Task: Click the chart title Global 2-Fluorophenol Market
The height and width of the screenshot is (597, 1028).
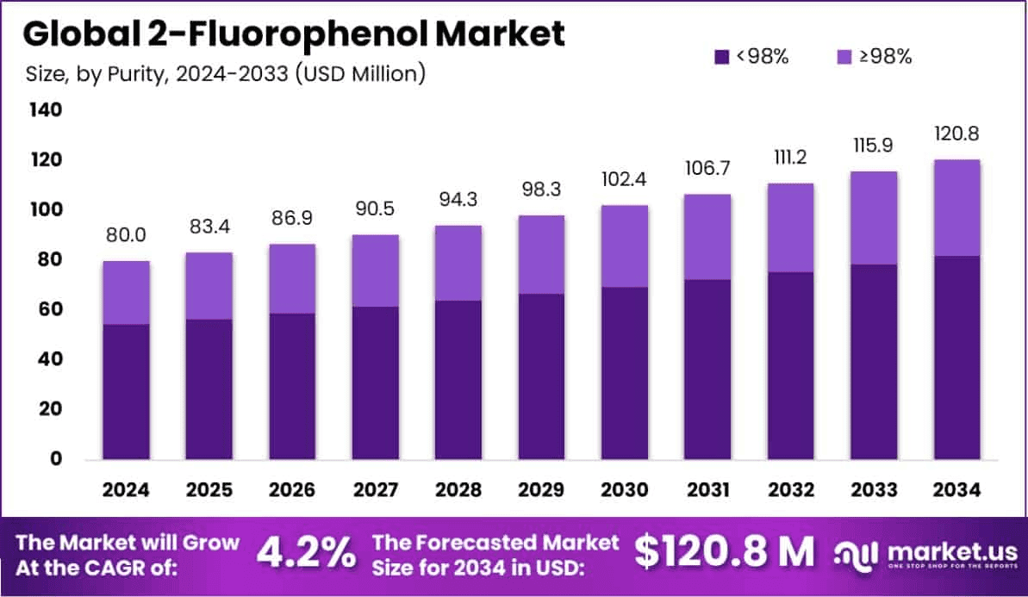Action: [x=294, y=34]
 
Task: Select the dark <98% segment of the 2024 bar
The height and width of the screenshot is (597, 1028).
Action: [x=126, y=391]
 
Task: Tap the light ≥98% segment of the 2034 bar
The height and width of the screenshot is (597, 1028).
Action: [x=956, y=208]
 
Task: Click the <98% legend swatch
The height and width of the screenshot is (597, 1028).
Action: [x=722, y=57]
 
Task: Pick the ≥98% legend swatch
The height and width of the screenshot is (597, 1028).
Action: [x=844, y=57]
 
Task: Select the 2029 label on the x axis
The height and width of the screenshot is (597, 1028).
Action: [x=541, y=490]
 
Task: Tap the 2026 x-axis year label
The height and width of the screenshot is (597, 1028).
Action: [x=292, y=490]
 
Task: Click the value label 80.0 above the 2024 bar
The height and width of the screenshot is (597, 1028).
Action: [x=127, y=233]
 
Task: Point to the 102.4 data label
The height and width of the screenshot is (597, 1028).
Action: [x=625, y=179]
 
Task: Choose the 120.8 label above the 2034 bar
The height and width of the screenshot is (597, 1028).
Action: [x=956, y=134]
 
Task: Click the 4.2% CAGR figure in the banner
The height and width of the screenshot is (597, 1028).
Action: [x=305, y=552]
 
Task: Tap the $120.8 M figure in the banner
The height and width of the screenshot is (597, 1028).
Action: [x=724, y=552]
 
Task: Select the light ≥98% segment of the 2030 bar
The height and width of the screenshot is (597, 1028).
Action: [x=625, y=246]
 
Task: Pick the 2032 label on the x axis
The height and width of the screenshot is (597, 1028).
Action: [x=790, y=490]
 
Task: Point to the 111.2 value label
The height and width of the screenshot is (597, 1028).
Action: [x=790, y=157]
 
